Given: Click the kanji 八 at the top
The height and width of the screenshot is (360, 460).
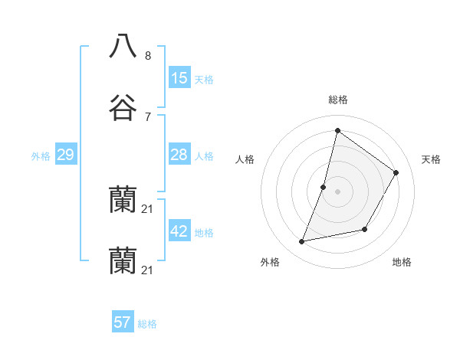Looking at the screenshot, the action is [123, 45].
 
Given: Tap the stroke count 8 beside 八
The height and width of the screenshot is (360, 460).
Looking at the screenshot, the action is [148, 55].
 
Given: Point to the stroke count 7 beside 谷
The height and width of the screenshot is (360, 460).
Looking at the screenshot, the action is [148, 116].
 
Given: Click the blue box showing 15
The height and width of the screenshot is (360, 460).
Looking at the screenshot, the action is [179, 78].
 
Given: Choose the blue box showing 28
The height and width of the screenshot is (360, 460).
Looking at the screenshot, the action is [179, 155].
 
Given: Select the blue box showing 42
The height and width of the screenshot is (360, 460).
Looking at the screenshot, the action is [179, 231].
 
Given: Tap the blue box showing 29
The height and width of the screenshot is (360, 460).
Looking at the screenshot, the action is [65, 155].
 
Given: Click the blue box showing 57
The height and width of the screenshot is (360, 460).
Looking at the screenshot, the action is [123, 322].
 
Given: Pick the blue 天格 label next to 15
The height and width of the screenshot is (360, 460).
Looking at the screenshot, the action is [204, 80].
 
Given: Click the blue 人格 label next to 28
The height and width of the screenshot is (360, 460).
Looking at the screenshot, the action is [204, 156].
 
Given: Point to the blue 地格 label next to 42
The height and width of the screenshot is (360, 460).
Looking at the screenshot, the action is [204, 233].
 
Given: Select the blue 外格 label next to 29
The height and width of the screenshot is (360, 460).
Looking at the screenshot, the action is [41, 156].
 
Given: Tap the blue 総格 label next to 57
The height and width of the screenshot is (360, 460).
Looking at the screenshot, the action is [147, 324].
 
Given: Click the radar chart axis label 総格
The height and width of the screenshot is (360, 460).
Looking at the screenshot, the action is [337, 100].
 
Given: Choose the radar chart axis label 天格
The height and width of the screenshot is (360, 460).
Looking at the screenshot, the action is [432, 159].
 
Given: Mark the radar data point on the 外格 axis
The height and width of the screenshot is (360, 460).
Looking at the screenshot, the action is [302, 242].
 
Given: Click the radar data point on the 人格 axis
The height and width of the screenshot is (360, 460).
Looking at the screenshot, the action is [324, 187].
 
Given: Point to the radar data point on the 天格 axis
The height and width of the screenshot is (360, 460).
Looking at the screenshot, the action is [396, 172].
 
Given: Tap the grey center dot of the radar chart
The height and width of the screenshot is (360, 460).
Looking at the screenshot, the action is [337, 191].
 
